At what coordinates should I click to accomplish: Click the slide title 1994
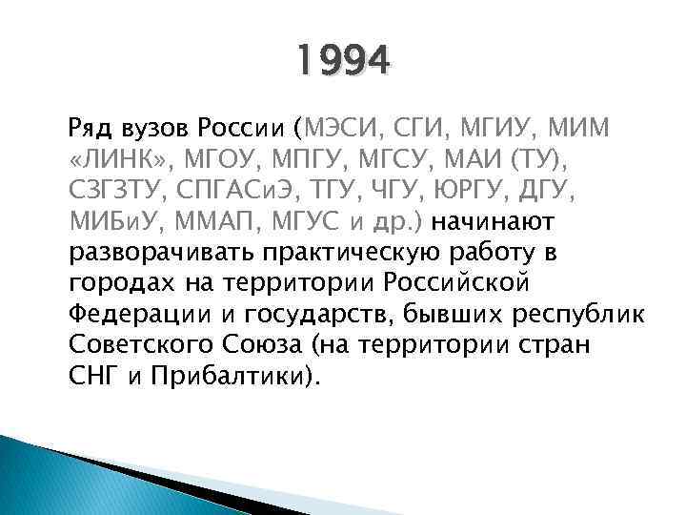pos(342,63)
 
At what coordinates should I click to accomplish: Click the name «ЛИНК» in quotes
pos(117,158)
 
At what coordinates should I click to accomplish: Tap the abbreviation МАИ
pos(483,158)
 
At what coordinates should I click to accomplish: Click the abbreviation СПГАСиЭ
pos(248,190)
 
